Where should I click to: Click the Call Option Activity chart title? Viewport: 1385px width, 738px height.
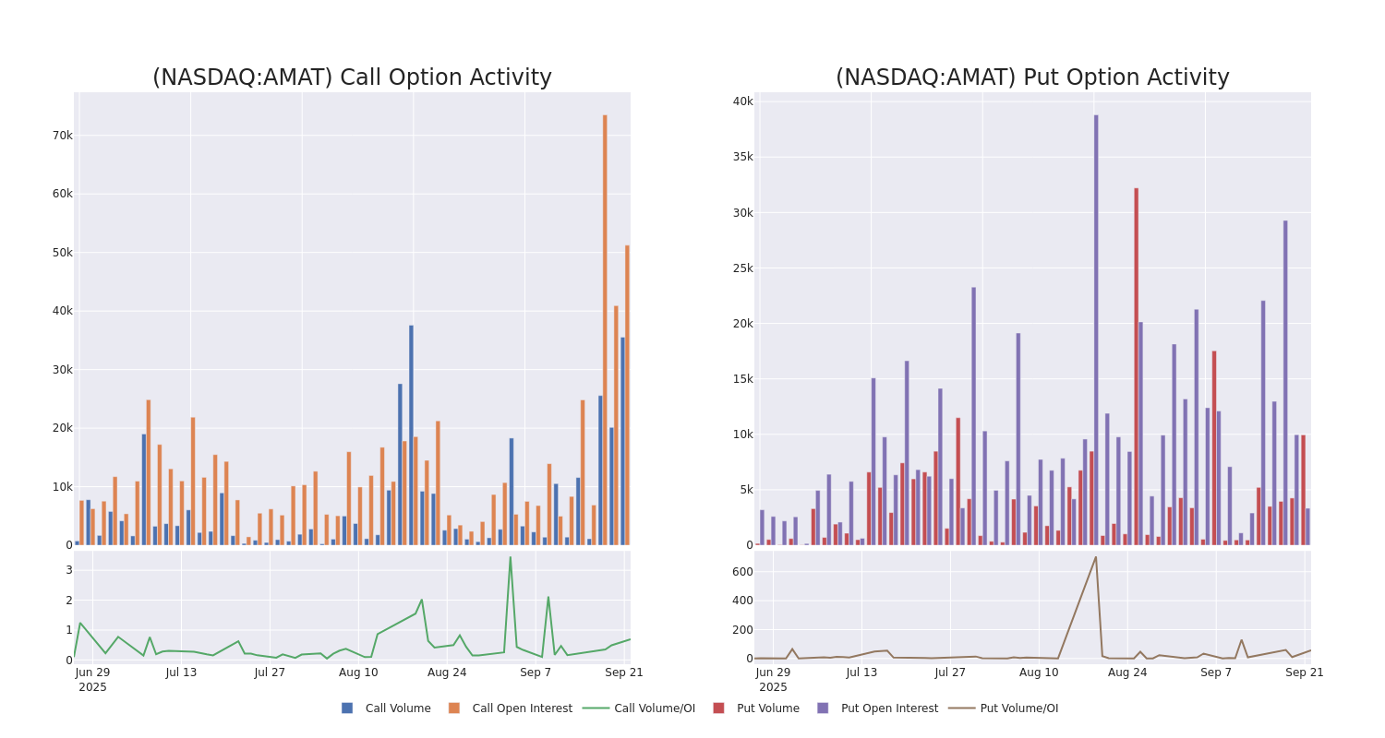(x=352, y=77)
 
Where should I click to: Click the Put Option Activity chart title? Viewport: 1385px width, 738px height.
(x=1032, y=77)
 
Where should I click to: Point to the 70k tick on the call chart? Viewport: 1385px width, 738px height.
(x=62, y=136)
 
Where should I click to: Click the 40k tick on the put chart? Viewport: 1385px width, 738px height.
(x=743, y=101)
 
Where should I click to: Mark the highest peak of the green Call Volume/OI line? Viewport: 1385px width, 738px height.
(x=510, y=556)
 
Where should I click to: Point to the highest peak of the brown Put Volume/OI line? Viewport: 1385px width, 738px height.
(x=1096, y=556)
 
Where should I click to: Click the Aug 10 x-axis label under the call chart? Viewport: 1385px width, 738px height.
(x=358, y=673)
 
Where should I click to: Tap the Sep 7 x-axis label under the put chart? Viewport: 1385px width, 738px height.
(x=1216, y=673)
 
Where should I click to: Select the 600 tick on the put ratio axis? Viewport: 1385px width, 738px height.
(x=741, y=572)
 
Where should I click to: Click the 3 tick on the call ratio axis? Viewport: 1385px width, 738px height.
(x=68, y=570)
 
